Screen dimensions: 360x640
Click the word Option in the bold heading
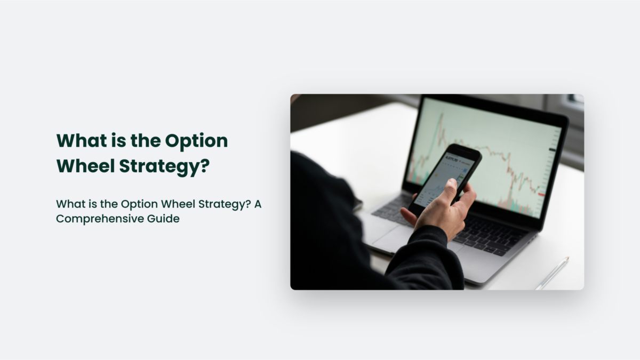[x=196, y=140]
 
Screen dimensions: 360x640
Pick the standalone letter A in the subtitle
[x=257, y=204]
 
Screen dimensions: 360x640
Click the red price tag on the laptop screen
[x=541, y=194]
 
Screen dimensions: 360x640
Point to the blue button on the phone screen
[x=465, y=170]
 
